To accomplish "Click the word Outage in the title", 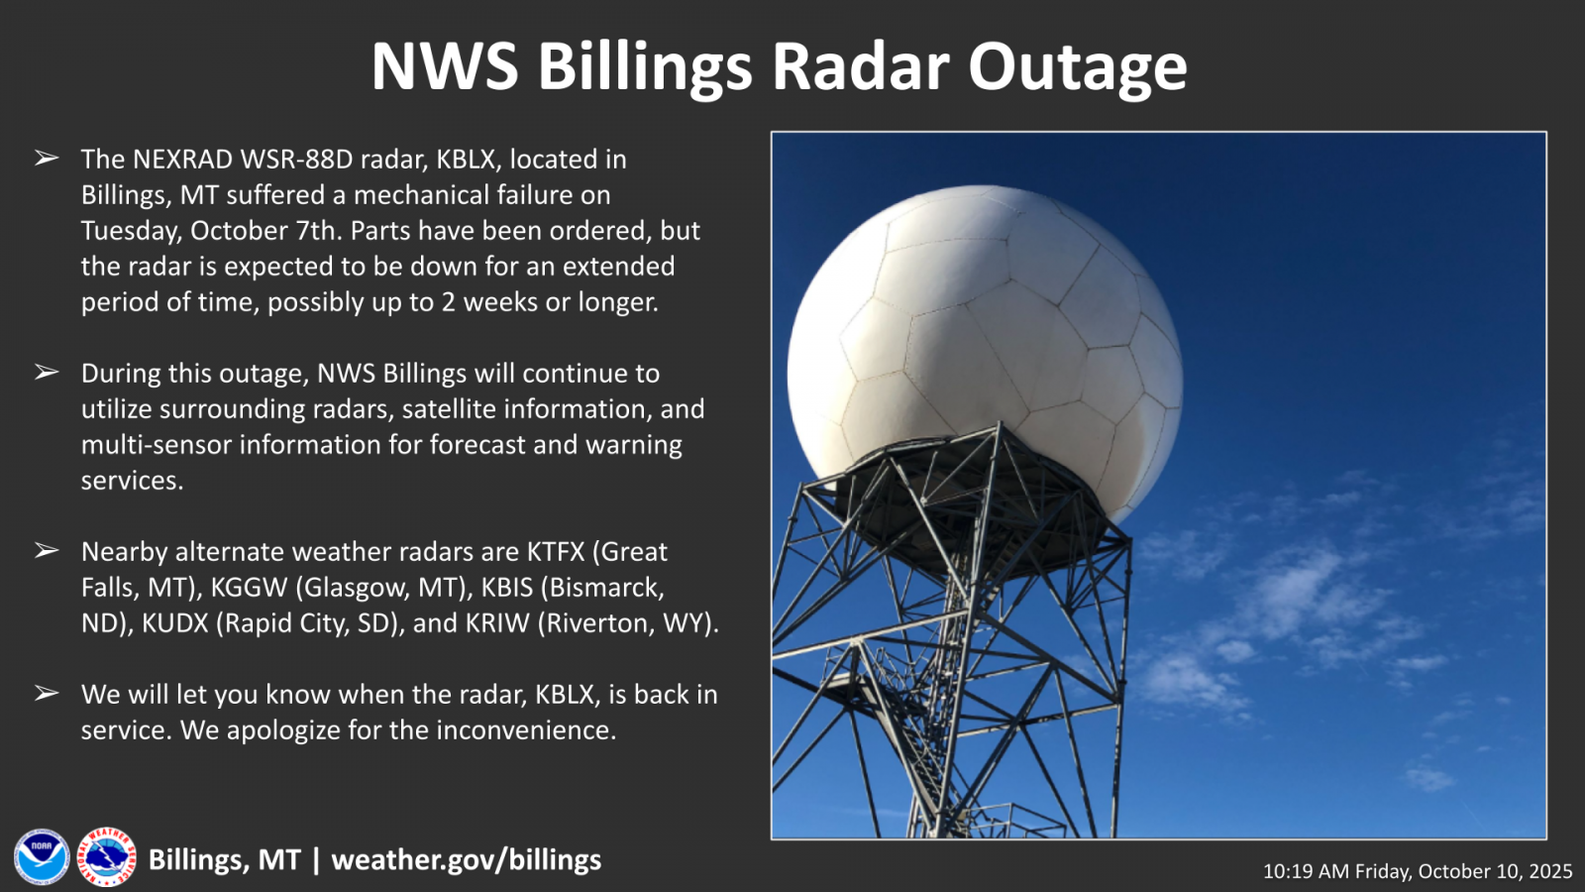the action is click(x=1078, y=68).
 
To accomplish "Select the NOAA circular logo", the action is click(x=42, y=857).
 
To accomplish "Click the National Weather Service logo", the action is click(x=107, y=857).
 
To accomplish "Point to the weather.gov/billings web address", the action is click(x=467, y=860).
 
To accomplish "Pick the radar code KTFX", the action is click(x=556, y=551).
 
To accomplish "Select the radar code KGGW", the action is click(x=249, y=587).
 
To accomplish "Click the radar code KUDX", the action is click(x=175, y=623).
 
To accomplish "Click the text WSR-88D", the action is click(x=296, y=160).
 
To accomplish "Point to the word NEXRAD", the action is click(x=182, y=160).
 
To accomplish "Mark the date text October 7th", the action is click(x=266, y=231).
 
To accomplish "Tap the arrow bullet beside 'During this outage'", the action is click(x=46, y=372).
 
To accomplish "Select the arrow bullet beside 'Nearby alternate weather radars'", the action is click(x=46, y=550).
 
